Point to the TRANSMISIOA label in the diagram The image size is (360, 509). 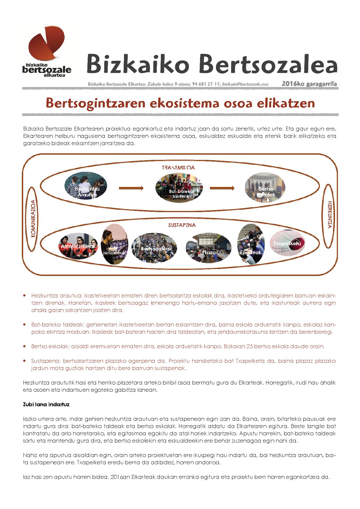(178, 167)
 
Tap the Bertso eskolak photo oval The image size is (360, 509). (265, 189)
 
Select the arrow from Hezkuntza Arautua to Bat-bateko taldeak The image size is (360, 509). (131, 188)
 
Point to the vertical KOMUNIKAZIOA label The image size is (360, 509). (34, 219)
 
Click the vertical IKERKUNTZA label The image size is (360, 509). (329, 219)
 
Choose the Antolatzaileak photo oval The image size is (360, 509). (78, 246)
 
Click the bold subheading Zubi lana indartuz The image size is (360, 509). (46, 404)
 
